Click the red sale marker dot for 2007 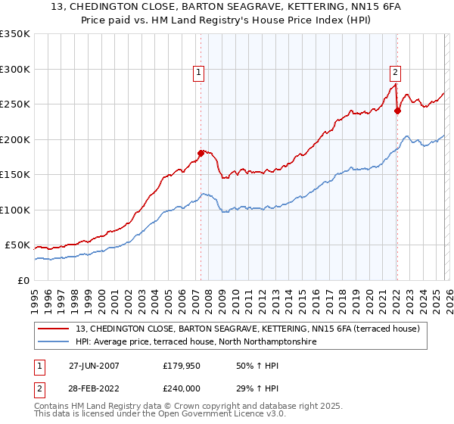click(201, 153)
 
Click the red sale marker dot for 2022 click(397, 111)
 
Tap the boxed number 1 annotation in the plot click(198, 73)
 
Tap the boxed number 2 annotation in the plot click(395, 73)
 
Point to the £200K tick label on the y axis click(15, 139)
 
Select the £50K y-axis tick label click(18, 245)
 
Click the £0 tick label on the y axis click(23, 280)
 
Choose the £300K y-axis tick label click(15, 69)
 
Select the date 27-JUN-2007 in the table click(93, 366)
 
